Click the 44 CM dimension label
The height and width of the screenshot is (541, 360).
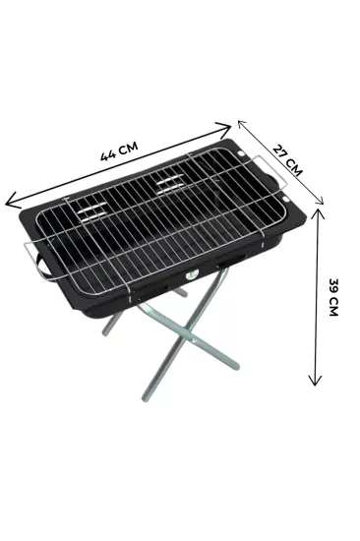pyautogui.click(x=119, y=151)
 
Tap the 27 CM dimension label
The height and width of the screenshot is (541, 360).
pyautogui.click(x=287, y=160)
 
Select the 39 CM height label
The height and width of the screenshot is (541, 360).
pyautogui.click(x=333, y=297)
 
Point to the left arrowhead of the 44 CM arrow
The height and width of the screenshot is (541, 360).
pyautogui.click(x=12, y=201)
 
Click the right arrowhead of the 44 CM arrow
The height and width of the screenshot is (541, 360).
pyautogui.click(x=224, y=128)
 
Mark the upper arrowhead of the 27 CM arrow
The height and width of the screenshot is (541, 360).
pyautogui.click(x=242, y=124)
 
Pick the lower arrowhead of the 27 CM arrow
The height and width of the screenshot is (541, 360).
pyautogui.click(x=320, y=201)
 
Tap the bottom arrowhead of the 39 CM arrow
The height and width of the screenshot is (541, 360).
pyautogui.click(x=315, y=380)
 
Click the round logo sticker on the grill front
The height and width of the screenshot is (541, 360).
pyautogui.click(x=190, y=275)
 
